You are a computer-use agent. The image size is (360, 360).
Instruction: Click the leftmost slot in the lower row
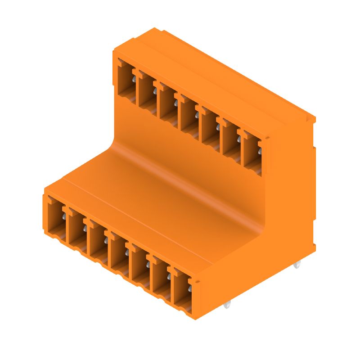[x=54, y=216]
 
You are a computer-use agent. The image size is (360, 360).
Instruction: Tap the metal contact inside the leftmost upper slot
[x=134, y=81]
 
